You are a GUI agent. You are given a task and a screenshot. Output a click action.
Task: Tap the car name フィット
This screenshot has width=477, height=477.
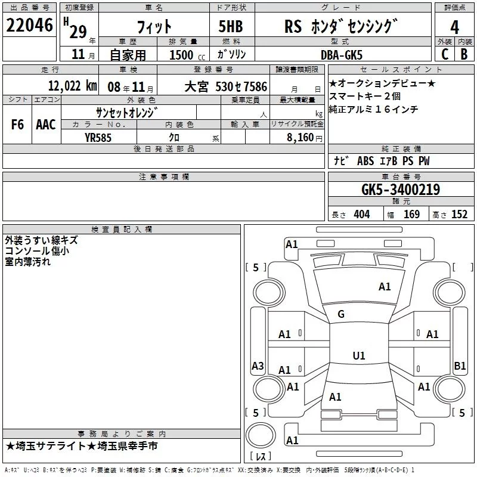[x=154, y=26]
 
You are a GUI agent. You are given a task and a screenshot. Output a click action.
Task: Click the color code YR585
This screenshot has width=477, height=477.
[x=98, y=137]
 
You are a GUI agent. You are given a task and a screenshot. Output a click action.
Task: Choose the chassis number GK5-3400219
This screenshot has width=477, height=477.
[x=401, y=190]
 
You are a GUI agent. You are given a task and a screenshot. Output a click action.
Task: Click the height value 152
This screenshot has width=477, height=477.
[x=459, y=215]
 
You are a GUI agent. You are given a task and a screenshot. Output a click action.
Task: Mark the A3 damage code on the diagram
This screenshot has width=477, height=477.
[x=258, y=366]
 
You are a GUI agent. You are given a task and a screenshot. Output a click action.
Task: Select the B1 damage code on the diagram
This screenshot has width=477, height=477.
[x=459, y=366]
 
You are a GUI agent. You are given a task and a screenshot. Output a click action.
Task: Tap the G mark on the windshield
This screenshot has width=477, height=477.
[x=341, y=314]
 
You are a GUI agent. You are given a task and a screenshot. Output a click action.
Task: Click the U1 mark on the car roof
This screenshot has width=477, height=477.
[x=358, y=355]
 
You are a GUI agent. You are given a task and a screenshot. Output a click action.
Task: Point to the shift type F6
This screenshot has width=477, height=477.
[x=17, y=124]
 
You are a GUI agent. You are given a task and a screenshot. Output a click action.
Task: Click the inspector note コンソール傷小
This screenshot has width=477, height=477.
[x=36, y=251]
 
